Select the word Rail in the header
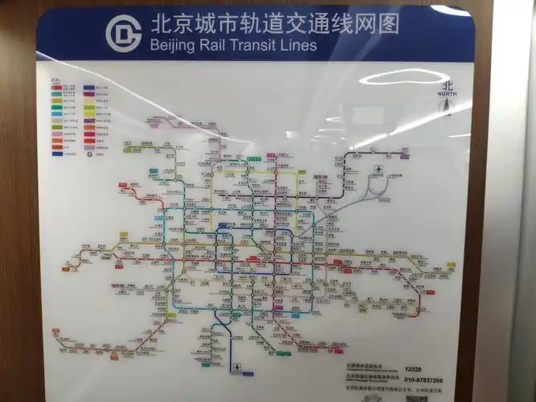(207, 46)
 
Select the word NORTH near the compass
(447, 94)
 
